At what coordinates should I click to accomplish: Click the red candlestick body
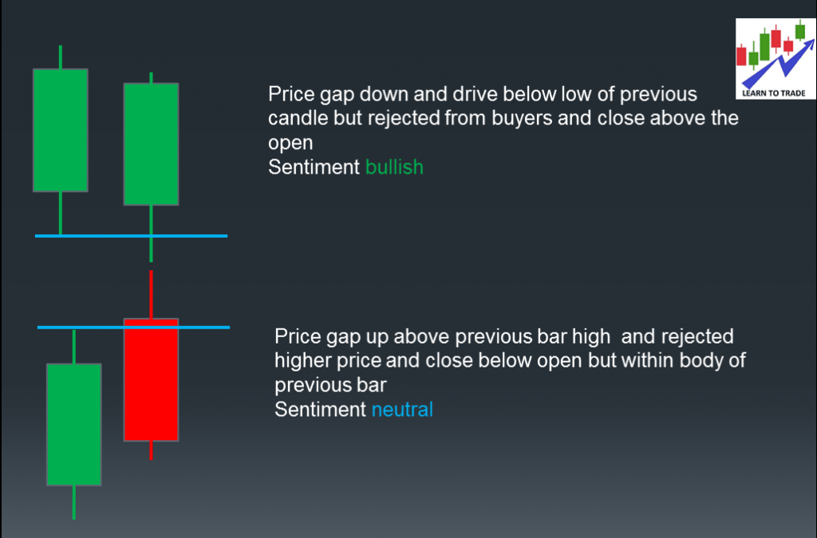click(x=151, y=379)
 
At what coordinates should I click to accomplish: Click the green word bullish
click(x=394, y=167)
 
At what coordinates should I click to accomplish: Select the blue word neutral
click(x=402, y=410)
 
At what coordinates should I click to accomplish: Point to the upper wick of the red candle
click(x=151, y=293)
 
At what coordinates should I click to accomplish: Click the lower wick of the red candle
click(x=151, y=450)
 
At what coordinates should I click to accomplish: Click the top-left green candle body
click(x=60, y=130)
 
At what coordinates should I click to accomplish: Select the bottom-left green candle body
click(x=73, y=424)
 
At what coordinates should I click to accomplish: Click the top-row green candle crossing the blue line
click(x=151, y=143)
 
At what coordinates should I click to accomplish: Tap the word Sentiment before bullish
click(x=314, y=167)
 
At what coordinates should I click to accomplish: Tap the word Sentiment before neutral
click(x=320, y=410)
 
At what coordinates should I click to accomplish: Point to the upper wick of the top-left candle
click(x=60, y=57)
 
